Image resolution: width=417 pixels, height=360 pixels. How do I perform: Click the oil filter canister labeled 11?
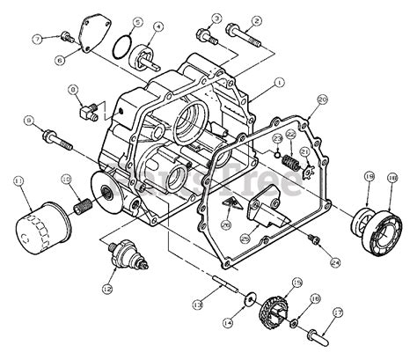tap(37, 228)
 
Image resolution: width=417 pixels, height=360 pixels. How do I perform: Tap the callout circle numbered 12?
tap(107, 288)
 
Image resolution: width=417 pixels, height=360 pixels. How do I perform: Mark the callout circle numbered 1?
tap(279, 83)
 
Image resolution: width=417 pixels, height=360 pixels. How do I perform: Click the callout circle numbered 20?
tap(321, 101)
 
